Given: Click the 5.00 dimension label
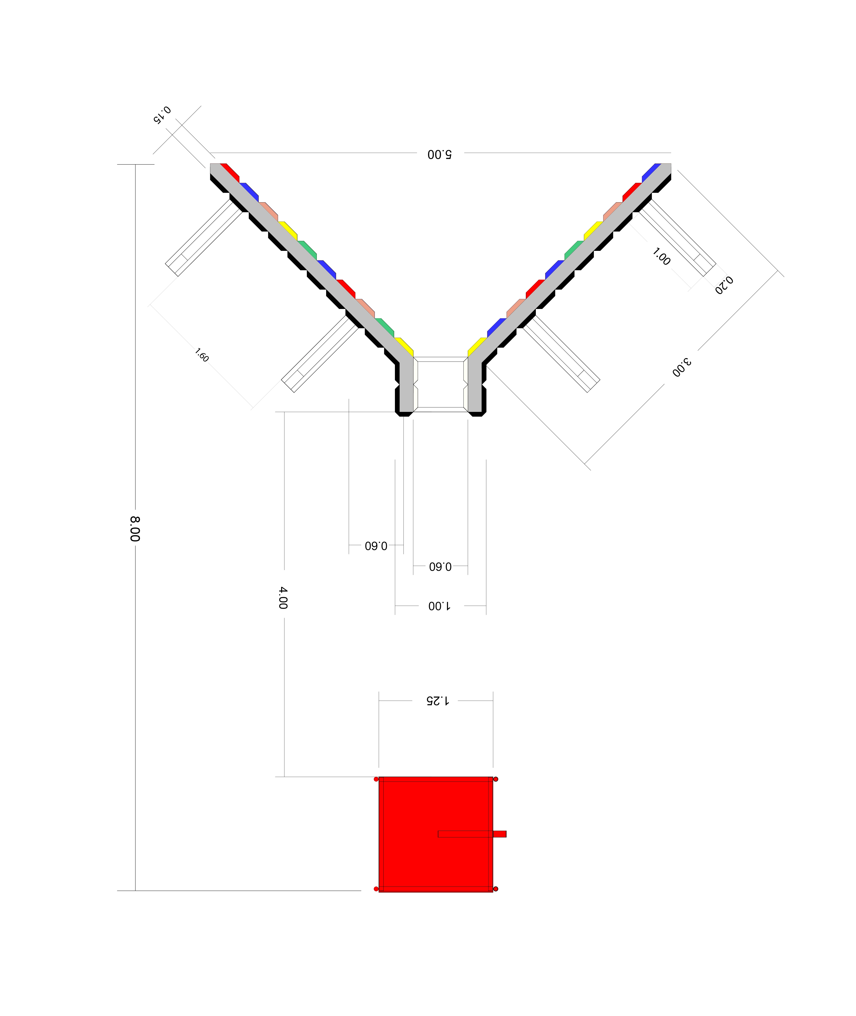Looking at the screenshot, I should (x=440, y=154).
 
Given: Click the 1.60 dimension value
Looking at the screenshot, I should (x=202, y=355).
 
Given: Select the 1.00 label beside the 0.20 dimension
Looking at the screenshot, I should (x=661, y=256).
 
